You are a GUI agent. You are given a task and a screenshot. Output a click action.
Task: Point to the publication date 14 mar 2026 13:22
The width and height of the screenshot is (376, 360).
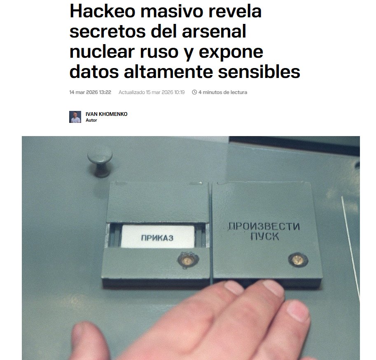(90, 92)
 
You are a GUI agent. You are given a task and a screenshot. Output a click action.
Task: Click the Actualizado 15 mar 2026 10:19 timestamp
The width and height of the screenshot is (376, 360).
(152, 92)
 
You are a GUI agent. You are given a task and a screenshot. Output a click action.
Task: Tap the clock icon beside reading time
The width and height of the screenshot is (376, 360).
(194, 92)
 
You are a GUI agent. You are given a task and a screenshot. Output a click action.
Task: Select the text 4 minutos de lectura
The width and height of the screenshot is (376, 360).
(223, 92)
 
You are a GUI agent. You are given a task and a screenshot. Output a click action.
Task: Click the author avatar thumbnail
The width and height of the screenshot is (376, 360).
(75, 117)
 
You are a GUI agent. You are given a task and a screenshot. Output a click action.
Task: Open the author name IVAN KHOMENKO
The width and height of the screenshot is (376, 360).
(106, 114)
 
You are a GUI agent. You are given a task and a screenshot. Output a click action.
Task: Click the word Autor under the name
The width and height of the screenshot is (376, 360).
(91, 120)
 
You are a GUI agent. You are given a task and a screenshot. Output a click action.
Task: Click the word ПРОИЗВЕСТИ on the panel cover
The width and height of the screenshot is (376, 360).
(264, 226)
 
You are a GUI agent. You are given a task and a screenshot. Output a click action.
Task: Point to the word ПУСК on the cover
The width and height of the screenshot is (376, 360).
(264, 237)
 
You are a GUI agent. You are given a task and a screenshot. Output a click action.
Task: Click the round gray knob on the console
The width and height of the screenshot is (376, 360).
(100, 159)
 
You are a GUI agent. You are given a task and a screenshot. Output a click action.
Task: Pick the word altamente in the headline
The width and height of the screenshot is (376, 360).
(165, 73)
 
